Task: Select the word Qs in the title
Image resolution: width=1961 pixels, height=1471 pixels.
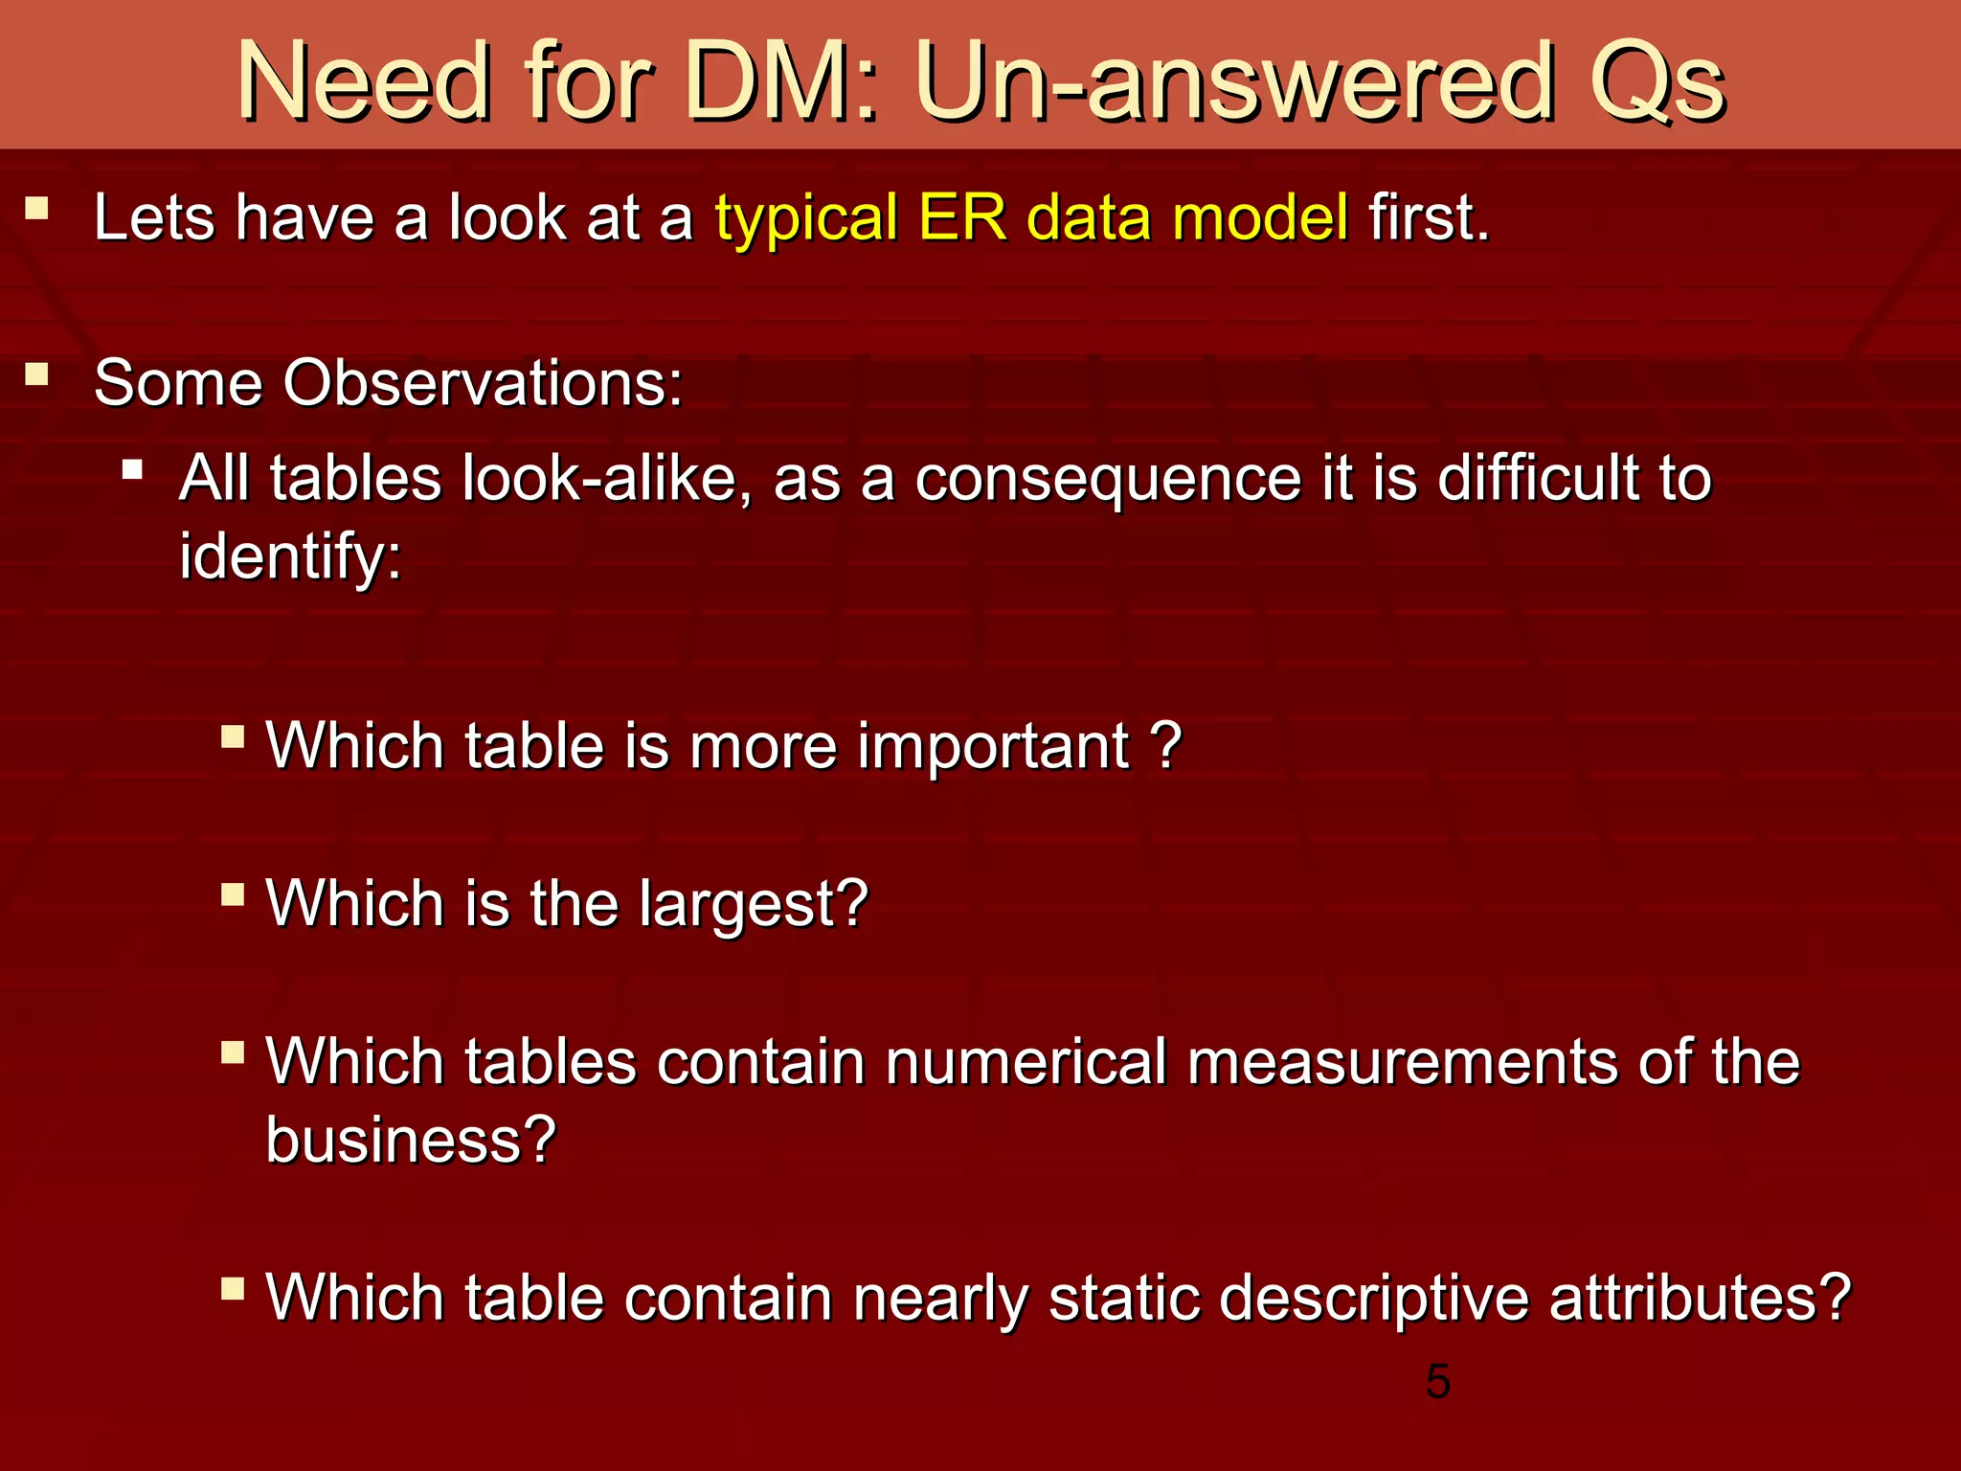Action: tap(1657, 83)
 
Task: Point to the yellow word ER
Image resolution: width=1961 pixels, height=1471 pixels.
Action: tap(961, 217)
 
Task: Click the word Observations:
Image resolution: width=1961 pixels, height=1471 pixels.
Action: tap(483, 383)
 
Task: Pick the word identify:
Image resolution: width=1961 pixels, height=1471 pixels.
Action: tap(290, 557)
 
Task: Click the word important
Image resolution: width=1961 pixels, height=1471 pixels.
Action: tap(994, 746)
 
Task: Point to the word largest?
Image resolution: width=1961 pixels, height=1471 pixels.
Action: tap(755, 906)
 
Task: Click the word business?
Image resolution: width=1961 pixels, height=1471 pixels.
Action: tap(411, 1141)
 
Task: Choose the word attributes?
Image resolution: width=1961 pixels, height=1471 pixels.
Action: tap(1700, 1299)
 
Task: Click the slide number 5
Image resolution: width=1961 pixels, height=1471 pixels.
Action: tap(1437, 1382)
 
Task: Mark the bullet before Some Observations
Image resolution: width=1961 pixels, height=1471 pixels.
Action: tap(37, 373)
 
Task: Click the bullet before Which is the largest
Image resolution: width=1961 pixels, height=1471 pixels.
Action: tap(233, 895)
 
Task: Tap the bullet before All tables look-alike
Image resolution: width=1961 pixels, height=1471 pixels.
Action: tap(133, 469)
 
